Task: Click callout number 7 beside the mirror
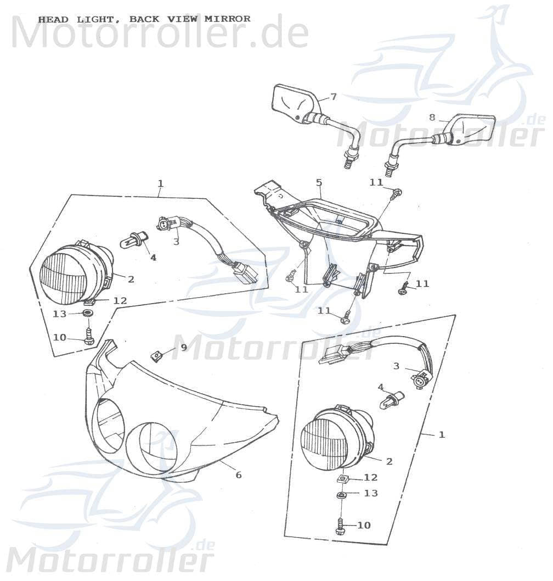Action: point(333,97)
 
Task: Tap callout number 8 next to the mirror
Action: point(432,117)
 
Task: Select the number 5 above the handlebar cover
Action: point(319,182)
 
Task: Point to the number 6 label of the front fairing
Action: point(238,475)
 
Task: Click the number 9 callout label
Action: point(183,347)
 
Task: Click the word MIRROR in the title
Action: point(227,19)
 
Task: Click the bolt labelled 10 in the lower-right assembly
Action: point(340,526)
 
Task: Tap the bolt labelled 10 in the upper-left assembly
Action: point(89,336)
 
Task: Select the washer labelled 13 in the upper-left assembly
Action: point(87,314)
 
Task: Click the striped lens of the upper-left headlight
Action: point(64,278)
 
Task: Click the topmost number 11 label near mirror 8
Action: point(376,182)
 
